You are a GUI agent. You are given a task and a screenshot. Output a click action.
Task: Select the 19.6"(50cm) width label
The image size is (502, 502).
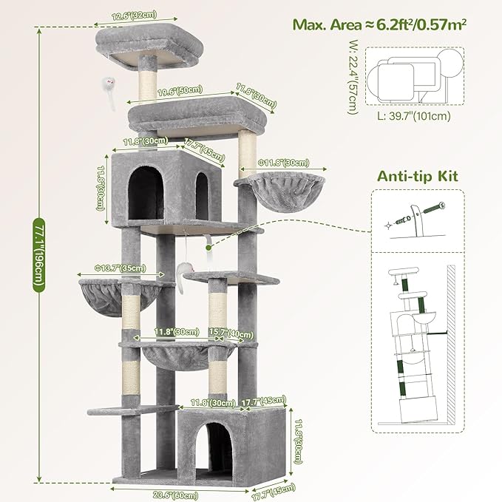tap(180, 91)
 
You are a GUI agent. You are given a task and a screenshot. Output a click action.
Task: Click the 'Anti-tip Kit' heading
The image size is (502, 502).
tap(418, 176)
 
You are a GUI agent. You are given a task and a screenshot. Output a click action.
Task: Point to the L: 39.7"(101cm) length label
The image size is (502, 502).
tap(413, 115)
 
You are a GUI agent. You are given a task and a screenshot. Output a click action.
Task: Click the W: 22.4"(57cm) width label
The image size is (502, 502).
tap(352, 78)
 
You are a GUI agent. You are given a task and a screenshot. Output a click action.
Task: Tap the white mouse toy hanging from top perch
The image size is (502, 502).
tap(108, 86)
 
